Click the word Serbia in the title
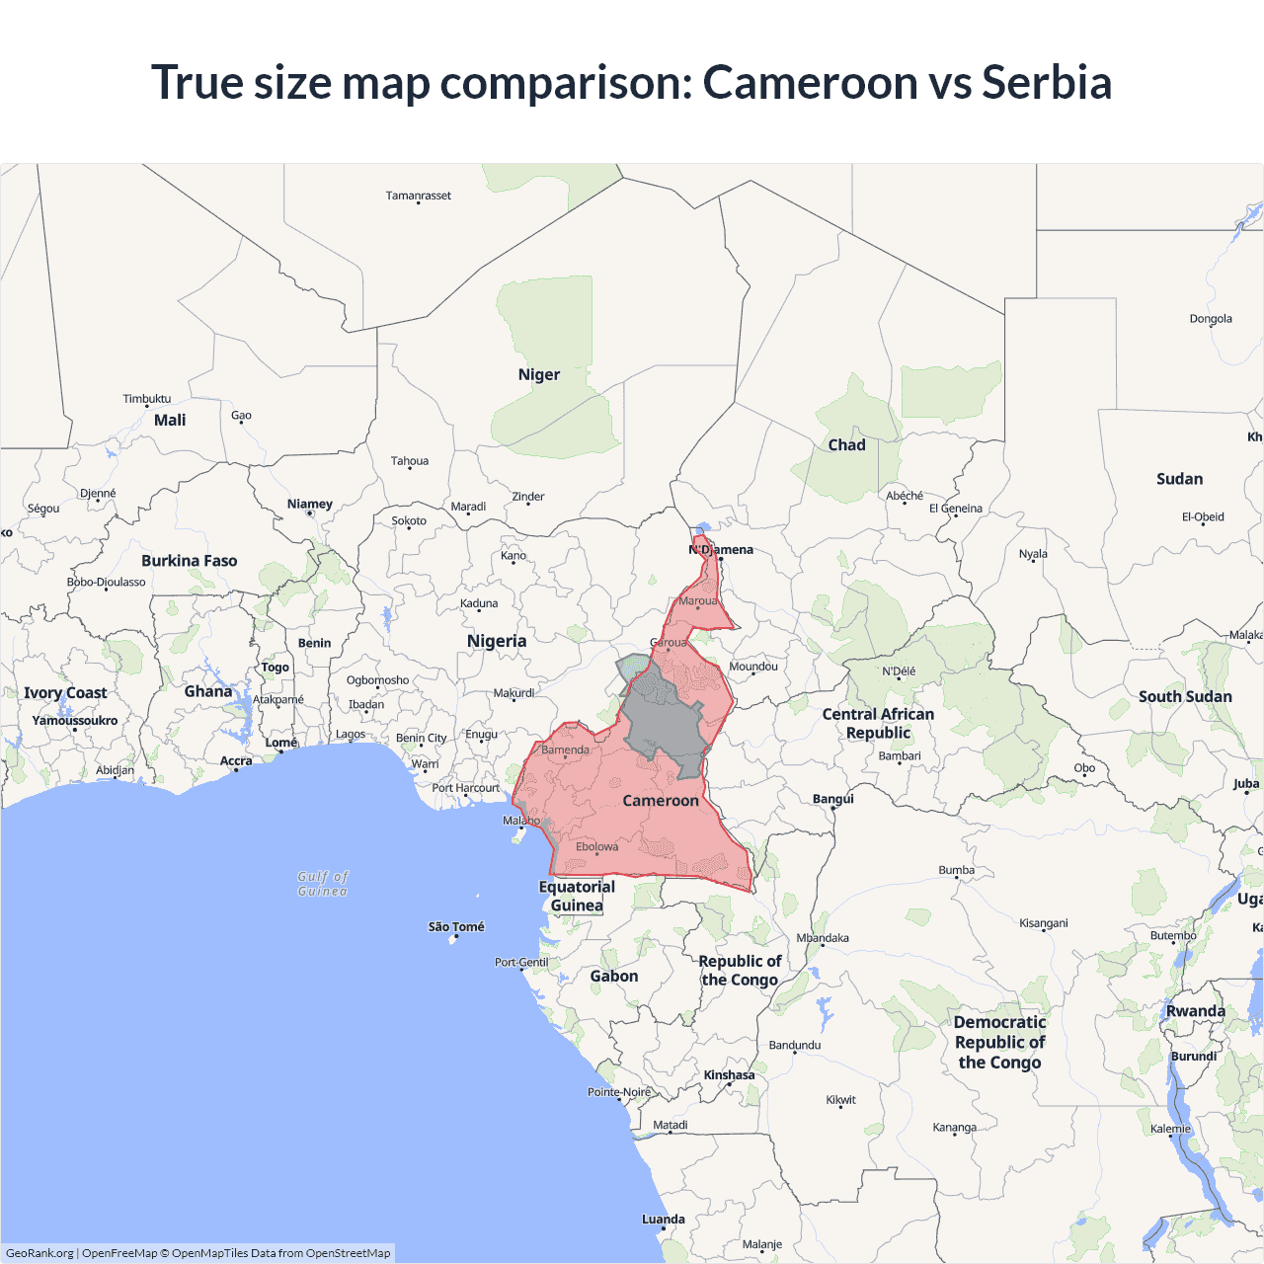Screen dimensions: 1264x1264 (x=1046, y=82)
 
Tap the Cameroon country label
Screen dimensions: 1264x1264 (x=660, y=801)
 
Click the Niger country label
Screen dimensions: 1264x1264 (x=538, y=375)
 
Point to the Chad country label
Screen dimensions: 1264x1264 (x=846, y=445)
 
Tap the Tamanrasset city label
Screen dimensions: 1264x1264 (x=418, y=196)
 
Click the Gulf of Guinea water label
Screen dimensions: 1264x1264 (x=323, y=884)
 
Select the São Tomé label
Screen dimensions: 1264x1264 (x=456, y=926)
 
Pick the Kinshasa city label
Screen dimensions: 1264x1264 (x=729, y=1075)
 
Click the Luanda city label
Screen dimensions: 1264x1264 (x=663, y=1220)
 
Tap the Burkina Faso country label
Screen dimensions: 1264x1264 (x=189, y=561)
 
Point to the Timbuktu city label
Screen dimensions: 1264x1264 (x=146, y=399)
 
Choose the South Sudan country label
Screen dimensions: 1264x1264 (x=1185, y=697)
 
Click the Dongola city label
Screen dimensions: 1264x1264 (x=1211, y=319)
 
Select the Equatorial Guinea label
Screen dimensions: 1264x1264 (x=577, y=896)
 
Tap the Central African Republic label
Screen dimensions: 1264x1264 (x=878, y=723)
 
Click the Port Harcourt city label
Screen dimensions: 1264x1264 (x=465, y=788)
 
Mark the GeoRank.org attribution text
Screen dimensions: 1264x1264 (x=39, y=1253)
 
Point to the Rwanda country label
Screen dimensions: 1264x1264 (x=1195, y=1011)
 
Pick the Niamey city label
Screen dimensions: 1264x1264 (x=309, y=504)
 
